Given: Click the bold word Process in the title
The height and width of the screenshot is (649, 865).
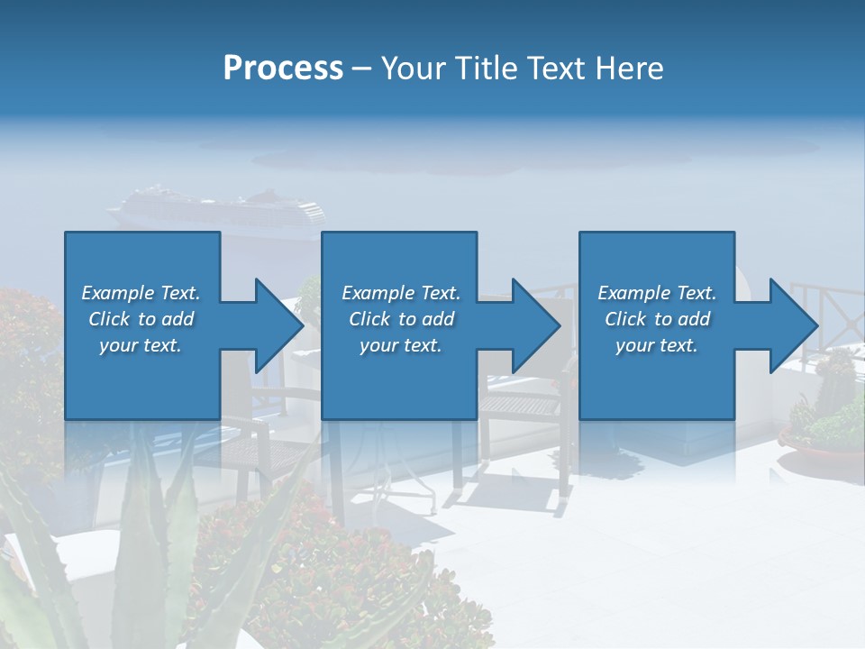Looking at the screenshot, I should coord(283,68).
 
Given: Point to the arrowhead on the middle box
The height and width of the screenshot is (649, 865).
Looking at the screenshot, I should coord(531,325).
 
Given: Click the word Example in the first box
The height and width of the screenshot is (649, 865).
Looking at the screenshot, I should coord(116,293).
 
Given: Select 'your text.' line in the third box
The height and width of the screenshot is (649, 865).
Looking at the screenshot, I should coord(656,345).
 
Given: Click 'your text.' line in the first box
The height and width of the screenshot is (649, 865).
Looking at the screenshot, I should coord(141,345).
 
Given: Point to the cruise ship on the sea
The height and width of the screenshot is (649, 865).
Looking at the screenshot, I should coord(216,212).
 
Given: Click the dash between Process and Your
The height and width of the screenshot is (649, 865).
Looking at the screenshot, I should coord(362,68).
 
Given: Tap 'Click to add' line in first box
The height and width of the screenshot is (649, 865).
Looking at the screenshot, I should coord(141,319).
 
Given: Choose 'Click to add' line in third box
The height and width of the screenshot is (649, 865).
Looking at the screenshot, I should coord(657,319).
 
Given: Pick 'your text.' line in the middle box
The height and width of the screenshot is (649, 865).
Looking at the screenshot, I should coord(400,345).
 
